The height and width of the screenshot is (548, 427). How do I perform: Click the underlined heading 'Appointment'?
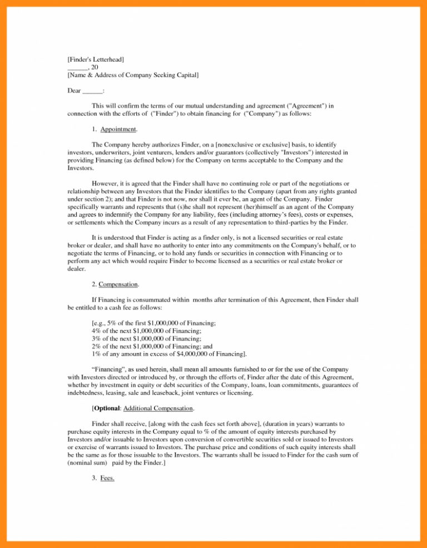click(118, 129)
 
